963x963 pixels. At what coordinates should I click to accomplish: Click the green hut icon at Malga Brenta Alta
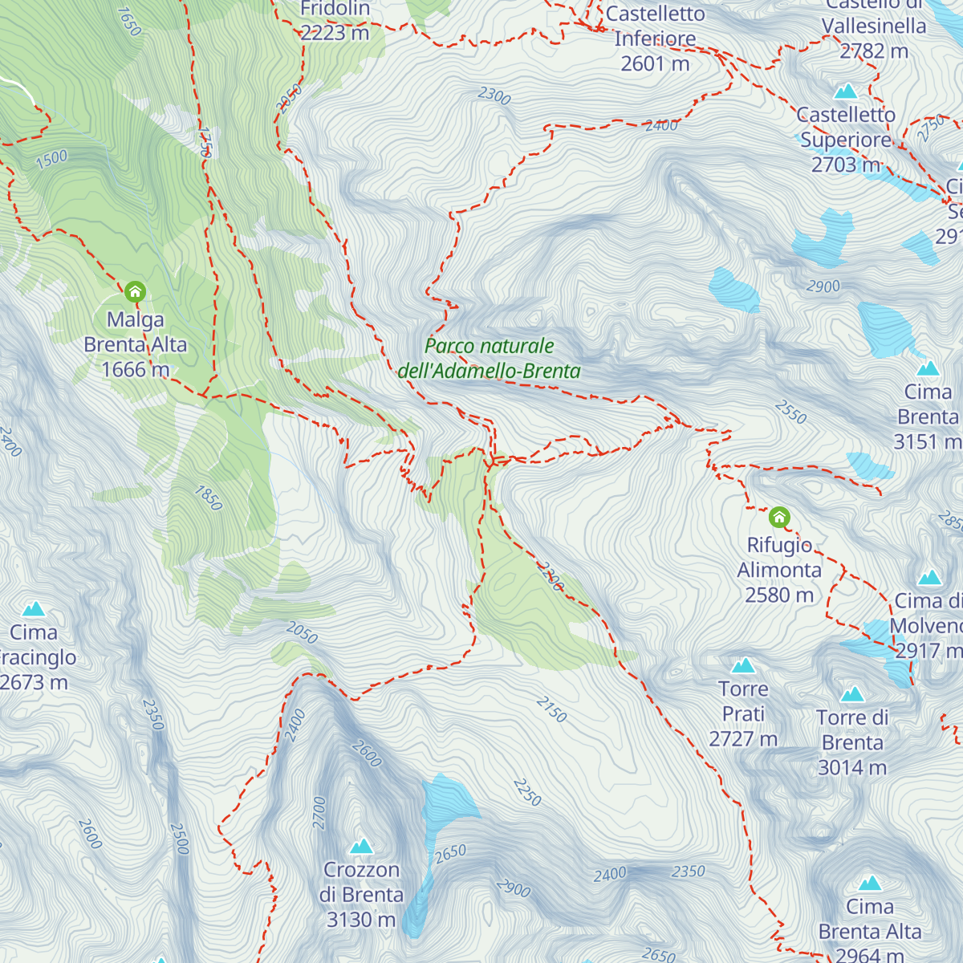pos(135,291)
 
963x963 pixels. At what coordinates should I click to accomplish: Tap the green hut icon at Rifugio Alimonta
pos(779,517)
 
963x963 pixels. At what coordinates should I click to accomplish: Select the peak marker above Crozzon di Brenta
pos(362,846)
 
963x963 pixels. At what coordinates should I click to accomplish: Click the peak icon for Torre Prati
pos(744,665)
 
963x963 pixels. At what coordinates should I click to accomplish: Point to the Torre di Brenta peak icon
pos(852,694)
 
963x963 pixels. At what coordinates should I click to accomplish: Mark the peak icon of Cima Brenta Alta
pos(870,884)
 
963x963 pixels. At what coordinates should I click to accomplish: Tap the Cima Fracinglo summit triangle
pos(34,609)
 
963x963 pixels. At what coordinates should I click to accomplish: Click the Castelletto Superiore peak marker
pos(846,91)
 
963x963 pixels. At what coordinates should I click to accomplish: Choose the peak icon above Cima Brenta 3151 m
pos(928,368)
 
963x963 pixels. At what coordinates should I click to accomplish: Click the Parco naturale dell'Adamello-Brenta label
pos(490,359)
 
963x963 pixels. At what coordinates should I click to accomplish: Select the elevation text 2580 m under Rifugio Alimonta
pos(779,595)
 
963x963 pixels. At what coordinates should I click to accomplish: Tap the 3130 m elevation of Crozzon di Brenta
pos(361,920)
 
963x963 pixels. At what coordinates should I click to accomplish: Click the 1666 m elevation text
pos(135,370)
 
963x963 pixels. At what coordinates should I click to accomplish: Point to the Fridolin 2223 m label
pos(335,21)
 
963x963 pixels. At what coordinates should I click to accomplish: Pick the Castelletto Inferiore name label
pos(655,26)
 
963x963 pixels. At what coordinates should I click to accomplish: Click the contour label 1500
pos(51,159)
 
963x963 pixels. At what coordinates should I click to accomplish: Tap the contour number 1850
pos(209,498)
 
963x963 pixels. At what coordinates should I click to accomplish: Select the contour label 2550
pos(790,412)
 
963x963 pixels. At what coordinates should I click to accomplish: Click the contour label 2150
pos(551,709)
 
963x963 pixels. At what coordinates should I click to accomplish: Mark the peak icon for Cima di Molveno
pos(929,577)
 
